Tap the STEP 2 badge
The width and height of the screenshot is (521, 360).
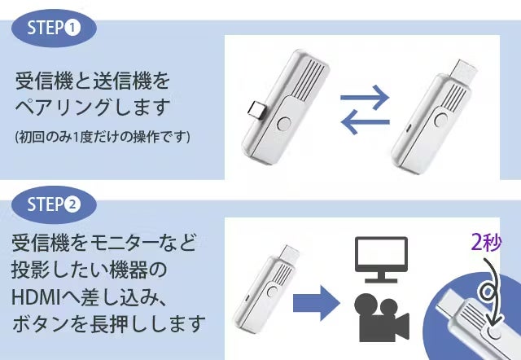click(54, 204)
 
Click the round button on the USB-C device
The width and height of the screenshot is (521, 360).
click(286, 125)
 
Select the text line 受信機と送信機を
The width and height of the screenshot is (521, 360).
click(94, 81)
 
